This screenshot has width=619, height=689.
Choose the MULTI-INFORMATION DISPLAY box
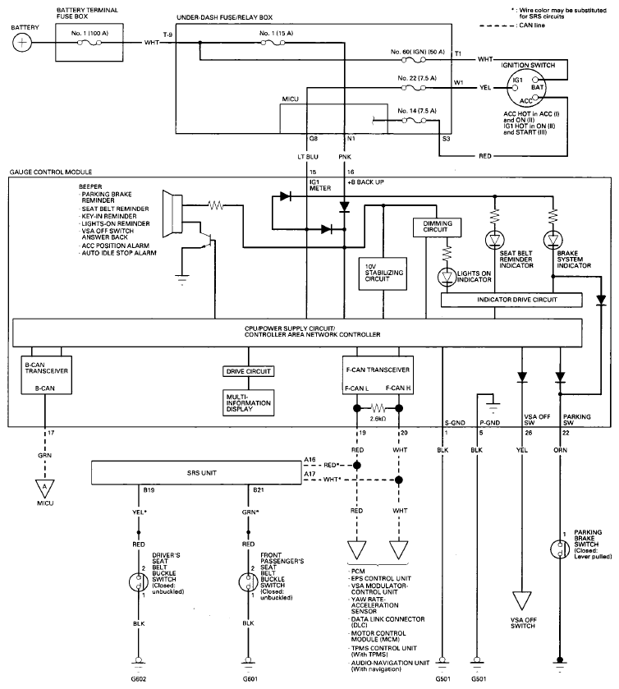coord(250,402)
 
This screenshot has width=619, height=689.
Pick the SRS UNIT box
coord(194,473)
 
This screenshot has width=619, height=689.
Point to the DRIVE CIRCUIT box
coord(250,371)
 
